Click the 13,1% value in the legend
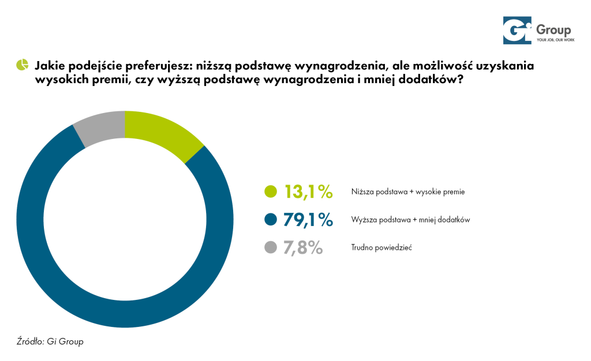[308, 191]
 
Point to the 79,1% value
[308, 220]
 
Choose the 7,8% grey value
[302, 248]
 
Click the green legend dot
[270, 191]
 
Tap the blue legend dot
[270, 220]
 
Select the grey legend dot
[270, 248]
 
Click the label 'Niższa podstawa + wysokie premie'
[407, 192]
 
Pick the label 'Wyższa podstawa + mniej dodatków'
[410, 220]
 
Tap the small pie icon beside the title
[22, 64]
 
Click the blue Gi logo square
[516, 31]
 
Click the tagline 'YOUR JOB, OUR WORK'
[553, 41]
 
